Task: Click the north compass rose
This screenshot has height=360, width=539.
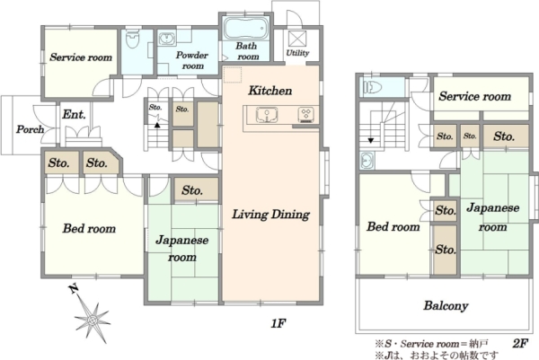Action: tap(92, 320)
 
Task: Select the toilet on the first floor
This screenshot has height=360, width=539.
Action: tap(132, 40)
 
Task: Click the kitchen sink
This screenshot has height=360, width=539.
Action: tap(267, 115)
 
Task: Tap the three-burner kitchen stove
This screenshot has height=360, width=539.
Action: tap(305, 114)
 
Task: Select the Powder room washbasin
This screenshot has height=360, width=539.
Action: tap(167, 38)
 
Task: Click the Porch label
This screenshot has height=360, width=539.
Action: tap(31, 129)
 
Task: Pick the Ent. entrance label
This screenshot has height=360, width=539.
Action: tap(75, 114)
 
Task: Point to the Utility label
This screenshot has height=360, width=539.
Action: tap(297, 53)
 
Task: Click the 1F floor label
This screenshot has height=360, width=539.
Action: tap(278, 323)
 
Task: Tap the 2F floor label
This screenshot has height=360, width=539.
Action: tap(520, 344)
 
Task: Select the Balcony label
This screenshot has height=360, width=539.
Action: tap(446, 305)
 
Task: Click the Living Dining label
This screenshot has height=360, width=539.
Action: tap(271, 215)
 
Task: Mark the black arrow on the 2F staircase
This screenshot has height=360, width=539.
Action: tap(371, 140)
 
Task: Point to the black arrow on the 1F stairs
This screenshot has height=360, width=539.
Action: tap(157, 125)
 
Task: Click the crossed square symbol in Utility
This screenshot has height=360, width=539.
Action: tap(297, 39)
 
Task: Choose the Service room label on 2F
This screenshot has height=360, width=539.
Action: tap(475, 96)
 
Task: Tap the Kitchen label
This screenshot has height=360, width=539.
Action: tap(270, 91)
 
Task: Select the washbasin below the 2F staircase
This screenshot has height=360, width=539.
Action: tap(367, 161)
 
